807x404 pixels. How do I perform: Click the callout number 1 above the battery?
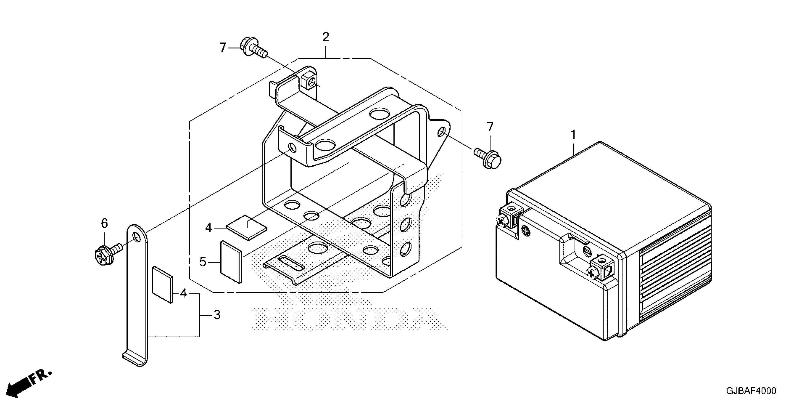(573, 135)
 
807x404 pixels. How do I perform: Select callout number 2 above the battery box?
(326, 37)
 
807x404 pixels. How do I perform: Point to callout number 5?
(203, 262)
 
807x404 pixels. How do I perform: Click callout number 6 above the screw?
(104, 224)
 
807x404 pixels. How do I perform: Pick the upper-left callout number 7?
(222, 48)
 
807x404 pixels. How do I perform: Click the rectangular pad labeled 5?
(231, 262)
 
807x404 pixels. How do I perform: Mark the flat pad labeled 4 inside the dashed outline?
(247, 227)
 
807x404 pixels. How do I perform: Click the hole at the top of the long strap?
(136, 237)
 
